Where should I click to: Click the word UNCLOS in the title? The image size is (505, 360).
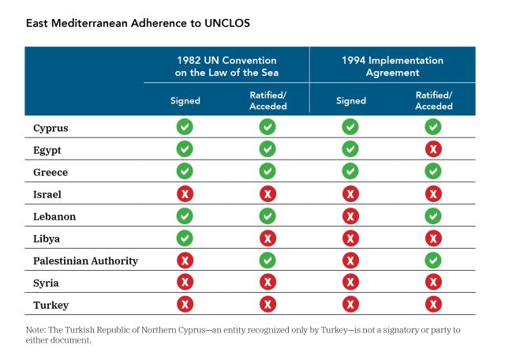tap(227, 23)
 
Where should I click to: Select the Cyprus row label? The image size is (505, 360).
tap(50, 128)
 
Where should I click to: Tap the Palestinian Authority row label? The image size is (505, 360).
tap(85, 261)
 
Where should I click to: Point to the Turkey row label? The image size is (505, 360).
tap(50, 306)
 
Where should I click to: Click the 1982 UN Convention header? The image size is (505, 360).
tap(226, 66)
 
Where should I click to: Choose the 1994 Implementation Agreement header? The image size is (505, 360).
tap(393, 66)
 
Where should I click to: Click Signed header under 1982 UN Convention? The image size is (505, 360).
tap(185, 101)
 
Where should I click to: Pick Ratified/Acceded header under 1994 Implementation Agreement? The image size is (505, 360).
tap(434, 100)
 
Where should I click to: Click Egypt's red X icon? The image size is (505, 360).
tap(433, 149)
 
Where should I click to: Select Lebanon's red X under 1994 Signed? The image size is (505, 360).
tap(350, 216)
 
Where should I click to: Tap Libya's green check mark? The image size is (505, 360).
tap(185, 238)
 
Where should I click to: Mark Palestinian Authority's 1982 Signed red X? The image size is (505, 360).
tap(185, 261)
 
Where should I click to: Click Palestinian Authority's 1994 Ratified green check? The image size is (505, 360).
tap(433, 260)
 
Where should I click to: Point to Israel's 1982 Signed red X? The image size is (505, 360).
tap(185, 194)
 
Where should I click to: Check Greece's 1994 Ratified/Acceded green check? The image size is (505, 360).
tap(433, 171)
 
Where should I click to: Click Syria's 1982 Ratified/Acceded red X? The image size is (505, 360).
tap(268, 283)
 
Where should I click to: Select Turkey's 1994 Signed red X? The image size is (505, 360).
tap(350, 305)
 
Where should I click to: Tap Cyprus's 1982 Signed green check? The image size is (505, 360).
tap(185, 126)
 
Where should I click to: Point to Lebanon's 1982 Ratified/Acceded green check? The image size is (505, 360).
tap(267, 216)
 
